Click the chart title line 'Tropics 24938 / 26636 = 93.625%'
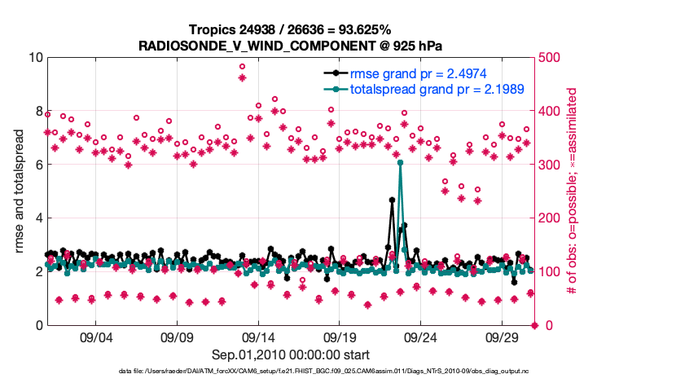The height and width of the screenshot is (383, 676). click(x=291, y=29)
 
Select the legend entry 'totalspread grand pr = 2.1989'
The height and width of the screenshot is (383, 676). click(x=437, y=87)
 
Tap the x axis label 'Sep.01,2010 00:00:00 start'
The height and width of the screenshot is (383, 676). click(x=291, y=354)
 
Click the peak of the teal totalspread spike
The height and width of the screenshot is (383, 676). click(x=400, y=163)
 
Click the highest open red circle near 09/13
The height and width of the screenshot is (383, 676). click(x=242, y=66)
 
